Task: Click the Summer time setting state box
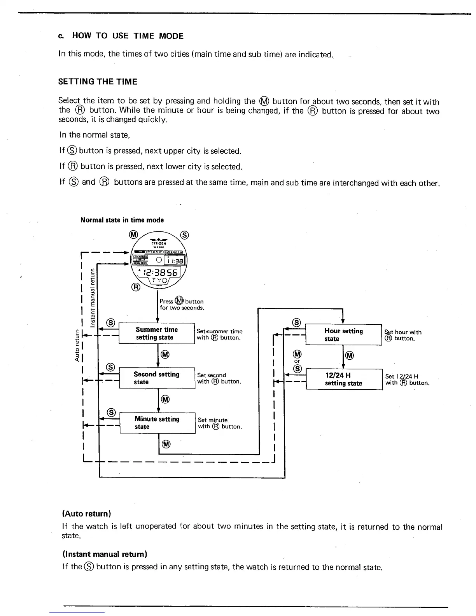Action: pos(156,333)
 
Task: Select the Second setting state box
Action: pos(157,378)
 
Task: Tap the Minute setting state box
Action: pos(157,423)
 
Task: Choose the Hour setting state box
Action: pos(343,334)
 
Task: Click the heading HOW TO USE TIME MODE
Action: pos(128,36)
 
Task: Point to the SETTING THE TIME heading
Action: pos(98,82)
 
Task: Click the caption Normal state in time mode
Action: pos(122,220)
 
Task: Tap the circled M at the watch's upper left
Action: pos(133,234)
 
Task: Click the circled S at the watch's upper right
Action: pos(185,235)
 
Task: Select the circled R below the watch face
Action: pos(136,287)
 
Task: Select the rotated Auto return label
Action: pos(77,344)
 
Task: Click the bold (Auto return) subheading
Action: pos(87,514)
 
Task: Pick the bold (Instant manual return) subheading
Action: pos(105,554)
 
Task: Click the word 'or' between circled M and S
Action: pos(297,361)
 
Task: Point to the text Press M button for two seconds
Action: pos(182,304)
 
